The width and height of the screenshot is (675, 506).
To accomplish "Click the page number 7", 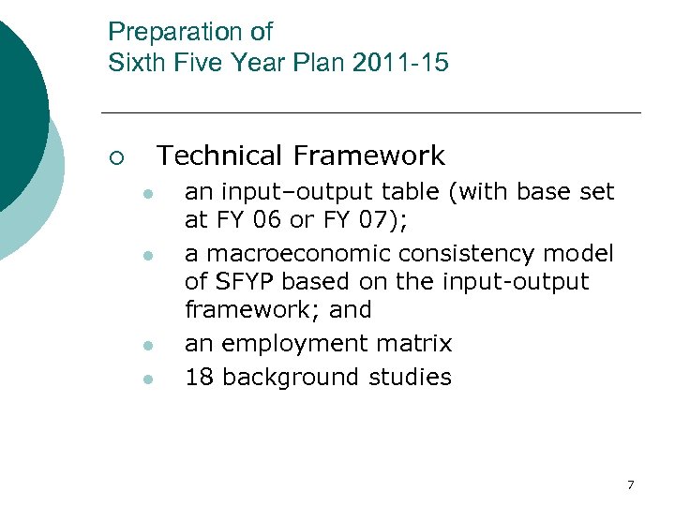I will (630, 484).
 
